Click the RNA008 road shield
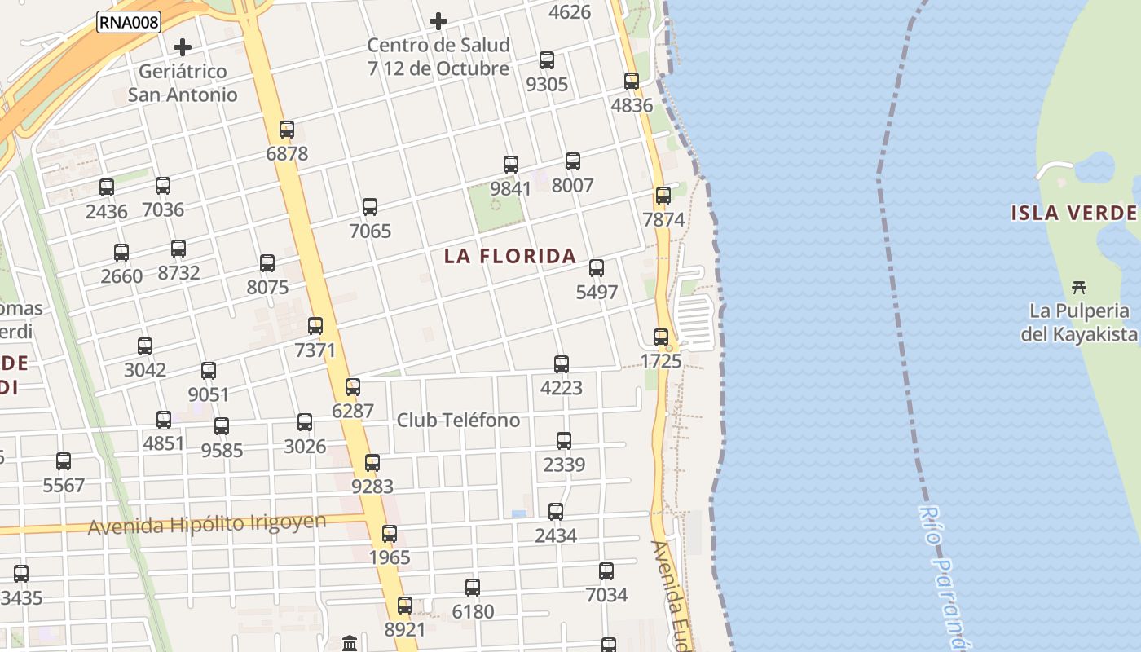click(129, 22)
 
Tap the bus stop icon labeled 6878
click(287, 130)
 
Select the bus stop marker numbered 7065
click(370, 207)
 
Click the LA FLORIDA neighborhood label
click(510, 256)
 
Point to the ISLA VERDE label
click(1074, 214)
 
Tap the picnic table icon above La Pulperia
click(1080, 286)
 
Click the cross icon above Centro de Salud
click(438, 20)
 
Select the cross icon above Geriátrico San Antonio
click(183, 46)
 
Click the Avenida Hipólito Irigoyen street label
click(207, 524)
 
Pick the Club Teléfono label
click(458, 421)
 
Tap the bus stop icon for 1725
click(661, 337)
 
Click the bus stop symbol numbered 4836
click(632, 81)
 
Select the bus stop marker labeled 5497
click(597, 267)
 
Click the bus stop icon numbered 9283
click(372, 463)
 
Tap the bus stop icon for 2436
click(107, 187)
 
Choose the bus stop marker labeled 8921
click(405, 606)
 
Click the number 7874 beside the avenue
click(663, 220)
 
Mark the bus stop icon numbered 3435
click(21, 574)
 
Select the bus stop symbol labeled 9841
click(511, 165)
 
